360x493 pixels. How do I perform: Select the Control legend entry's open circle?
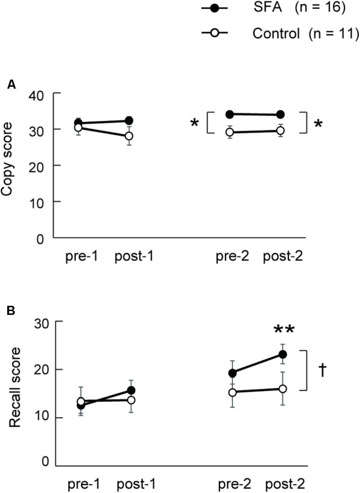(x=214, y=33)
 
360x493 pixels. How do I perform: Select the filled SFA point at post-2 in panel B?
(x=283, y=354)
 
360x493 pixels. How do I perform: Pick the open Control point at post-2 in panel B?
(x=283, y=389)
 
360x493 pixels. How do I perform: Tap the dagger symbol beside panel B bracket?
(x=323, y=370)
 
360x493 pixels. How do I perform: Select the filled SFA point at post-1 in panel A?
(x=129, y=121)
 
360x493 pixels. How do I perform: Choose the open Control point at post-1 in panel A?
(x=129, y=136)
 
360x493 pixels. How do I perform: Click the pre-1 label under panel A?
(x=80, y=257)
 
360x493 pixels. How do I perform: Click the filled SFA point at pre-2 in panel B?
(x=232, y=373)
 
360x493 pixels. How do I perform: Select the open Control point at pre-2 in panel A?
(x=230, y=132)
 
